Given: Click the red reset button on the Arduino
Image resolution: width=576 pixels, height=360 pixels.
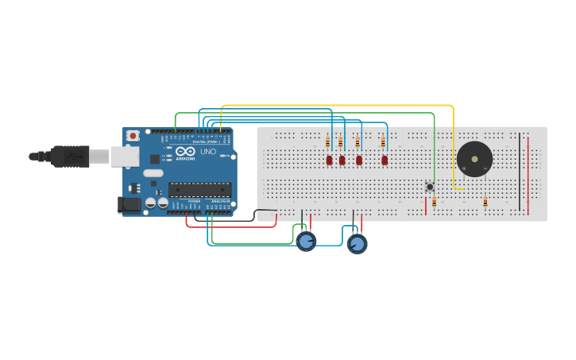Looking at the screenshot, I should [x=133, y=136].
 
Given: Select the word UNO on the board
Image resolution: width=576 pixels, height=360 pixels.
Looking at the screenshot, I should [x=207, y=152].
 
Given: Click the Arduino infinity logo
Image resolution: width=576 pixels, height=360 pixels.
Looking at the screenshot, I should [x=186, y=151].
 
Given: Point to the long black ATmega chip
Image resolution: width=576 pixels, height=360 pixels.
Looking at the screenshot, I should [x=199, y=189].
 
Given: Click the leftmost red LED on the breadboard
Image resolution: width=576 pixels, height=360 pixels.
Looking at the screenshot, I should [x=329, y=160].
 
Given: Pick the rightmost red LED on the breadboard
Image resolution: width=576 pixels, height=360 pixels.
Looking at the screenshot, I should [x=385, y=160].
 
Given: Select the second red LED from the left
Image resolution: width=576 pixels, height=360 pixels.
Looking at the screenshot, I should [x=342, y=160].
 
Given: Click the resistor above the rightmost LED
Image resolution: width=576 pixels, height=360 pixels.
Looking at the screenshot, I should [x=383, y=143].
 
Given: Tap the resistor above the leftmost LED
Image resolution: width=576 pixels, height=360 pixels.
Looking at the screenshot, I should [x=327, y=143].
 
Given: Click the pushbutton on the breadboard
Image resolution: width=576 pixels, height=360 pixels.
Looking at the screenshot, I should [x=430, y=187].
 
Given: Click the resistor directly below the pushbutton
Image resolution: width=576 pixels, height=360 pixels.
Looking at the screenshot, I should [x=434, y=202].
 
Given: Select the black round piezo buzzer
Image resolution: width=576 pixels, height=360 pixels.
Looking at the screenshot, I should [x=474, y=159].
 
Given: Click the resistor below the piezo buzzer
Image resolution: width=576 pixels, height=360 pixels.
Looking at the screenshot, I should [x=485, y=202].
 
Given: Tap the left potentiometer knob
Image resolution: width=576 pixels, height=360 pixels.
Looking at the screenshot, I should [x=307, y=242].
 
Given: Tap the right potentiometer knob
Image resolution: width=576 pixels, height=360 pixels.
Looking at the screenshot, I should [x=358, y=244].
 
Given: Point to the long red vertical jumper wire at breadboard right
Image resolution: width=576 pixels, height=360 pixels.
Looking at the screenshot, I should [x=528, y=175].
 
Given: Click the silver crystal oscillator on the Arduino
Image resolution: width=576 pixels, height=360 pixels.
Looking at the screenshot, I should [x=153, y=172].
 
